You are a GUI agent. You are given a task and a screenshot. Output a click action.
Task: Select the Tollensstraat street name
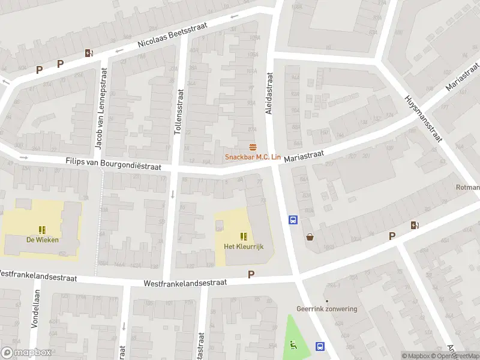point(178,112)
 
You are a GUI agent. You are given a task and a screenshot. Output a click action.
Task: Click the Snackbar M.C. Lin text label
point(253,157)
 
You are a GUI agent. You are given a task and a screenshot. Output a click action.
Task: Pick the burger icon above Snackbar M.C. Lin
point(253,148)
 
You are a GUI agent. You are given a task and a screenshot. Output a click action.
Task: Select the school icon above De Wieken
point(42,230)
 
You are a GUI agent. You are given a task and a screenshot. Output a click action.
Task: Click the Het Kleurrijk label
point(244,246)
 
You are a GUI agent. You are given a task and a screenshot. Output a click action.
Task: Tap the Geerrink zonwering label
point(327,309)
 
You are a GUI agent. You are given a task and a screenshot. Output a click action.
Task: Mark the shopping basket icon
point(310,237)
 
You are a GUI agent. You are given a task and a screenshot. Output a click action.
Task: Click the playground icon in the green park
point(293,344)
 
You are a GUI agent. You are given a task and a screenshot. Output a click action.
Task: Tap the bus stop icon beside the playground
point(320,346)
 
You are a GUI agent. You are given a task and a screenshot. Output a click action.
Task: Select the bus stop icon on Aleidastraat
point(293,220)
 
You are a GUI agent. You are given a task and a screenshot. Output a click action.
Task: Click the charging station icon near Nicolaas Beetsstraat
point(89,53)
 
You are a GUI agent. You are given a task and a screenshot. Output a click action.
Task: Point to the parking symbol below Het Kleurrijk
point(251,275)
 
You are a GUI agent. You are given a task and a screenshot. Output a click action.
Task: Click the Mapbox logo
point(26,353)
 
